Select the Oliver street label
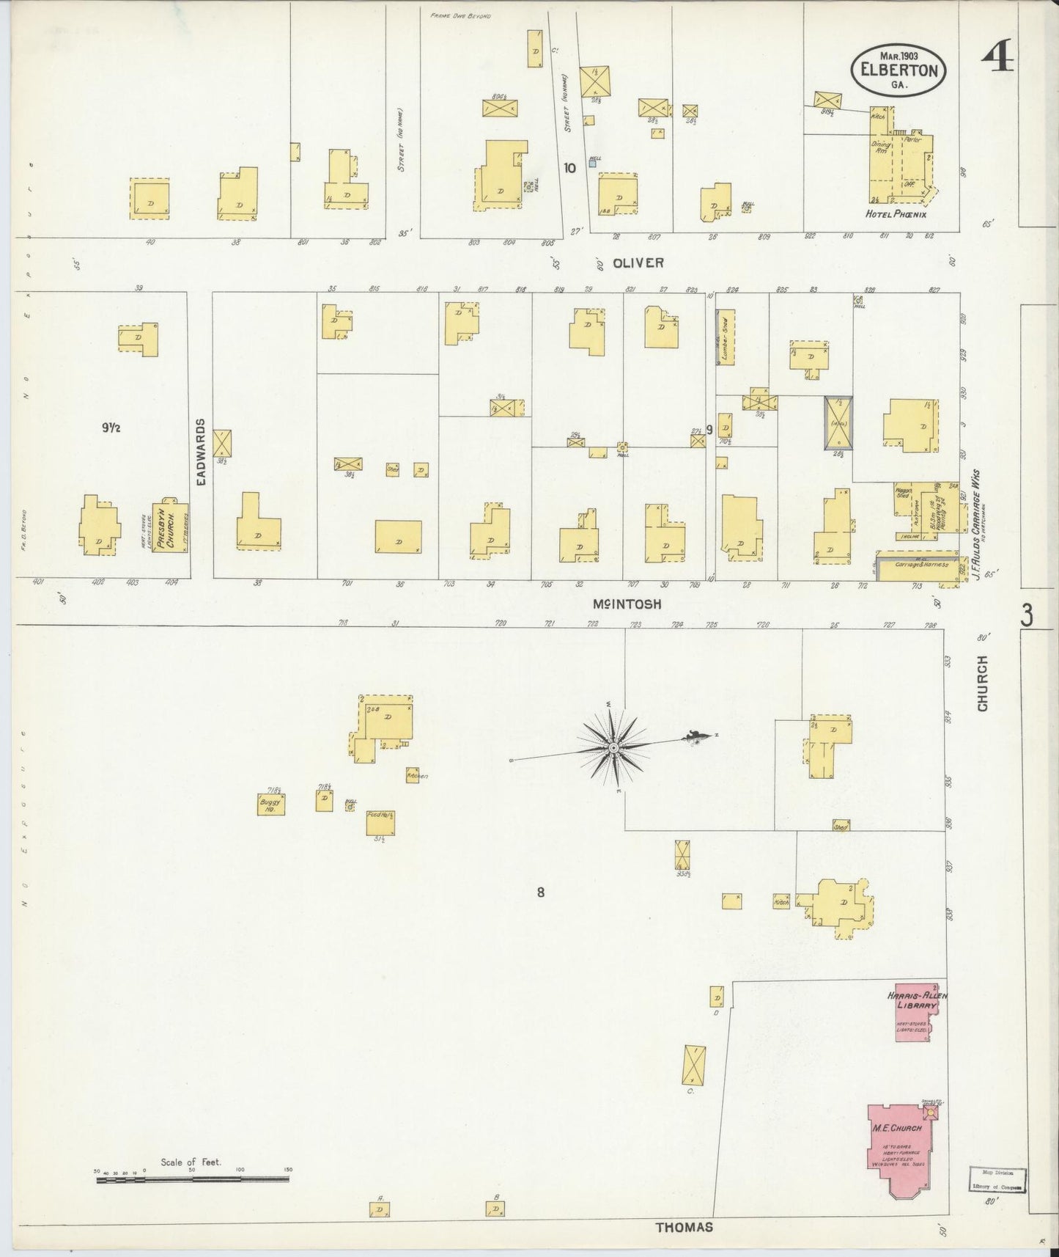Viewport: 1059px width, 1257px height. click(628, 262)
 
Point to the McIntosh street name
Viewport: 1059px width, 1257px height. click(627, 604)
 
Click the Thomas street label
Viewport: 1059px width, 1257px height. click(684, 1227)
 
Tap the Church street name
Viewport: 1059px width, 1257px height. click(982, 683)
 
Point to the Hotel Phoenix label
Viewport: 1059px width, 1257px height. click(896, 214)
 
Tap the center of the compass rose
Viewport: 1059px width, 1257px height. click(613, 747)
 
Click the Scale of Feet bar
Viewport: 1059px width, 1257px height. click(192, 1179)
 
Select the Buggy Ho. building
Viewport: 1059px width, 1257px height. click(271, 803)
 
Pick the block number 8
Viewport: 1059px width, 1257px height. click(541, 893)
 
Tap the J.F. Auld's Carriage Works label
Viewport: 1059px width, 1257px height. click(977, 525)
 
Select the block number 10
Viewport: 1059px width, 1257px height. click(569, 167)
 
